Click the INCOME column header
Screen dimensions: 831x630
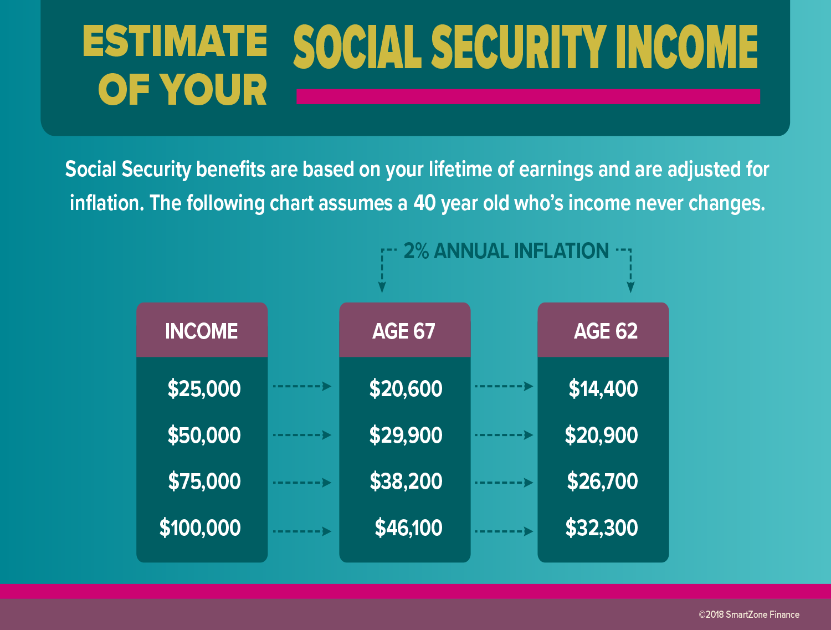coord(202,331)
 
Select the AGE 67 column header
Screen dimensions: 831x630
coord(403,331)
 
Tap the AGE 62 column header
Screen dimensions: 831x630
coord(606,331)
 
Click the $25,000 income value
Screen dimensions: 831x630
coord(204,388)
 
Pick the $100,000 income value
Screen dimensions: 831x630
coord(200,527)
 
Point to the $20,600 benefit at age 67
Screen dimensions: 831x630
coord(406,388)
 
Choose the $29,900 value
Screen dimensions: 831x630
coord(406,435)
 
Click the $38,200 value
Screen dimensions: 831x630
coord(406,481)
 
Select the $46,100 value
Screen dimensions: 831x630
coord(408,527)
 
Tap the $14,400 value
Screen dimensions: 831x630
coord(603,388)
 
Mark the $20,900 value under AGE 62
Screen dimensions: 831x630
coord(601,435)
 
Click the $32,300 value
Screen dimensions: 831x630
coord(602,527)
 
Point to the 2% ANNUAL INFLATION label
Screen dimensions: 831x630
coord(506,251)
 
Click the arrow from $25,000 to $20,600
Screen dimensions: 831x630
coord(302,386)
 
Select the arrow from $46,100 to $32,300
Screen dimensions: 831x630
coord(504,531)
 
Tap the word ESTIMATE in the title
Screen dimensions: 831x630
coord(175,41)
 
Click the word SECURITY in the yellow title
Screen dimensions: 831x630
coord(519,47)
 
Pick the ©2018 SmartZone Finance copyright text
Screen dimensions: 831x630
coord(749,614)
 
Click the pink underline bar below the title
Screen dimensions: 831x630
coord(528,96)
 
